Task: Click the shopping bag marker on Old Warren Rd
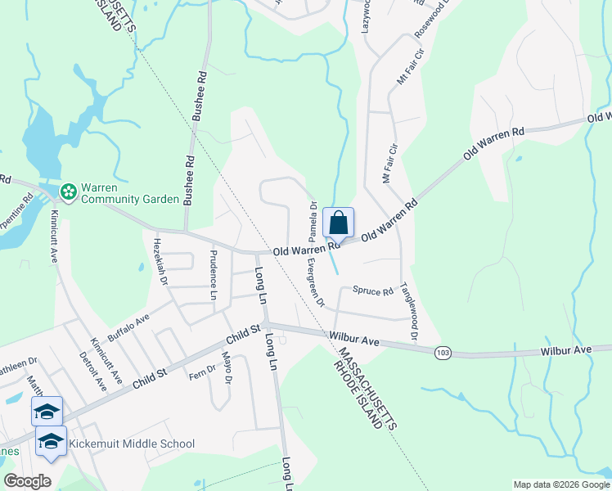point(339,223)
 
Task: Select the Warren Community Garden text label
point(128,192)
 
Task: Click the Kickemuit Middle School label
point(132,444)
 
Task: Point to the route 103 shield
point(443,351)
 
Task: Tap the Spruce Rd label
point(372,291)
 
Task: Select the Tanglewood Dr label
point(408,312)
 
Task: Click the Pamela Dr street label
point(313,217)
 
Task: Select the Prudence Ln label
point(214,273)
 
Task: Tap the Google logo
point(27,482)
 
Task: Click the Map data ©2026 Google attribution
point(560,484)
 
